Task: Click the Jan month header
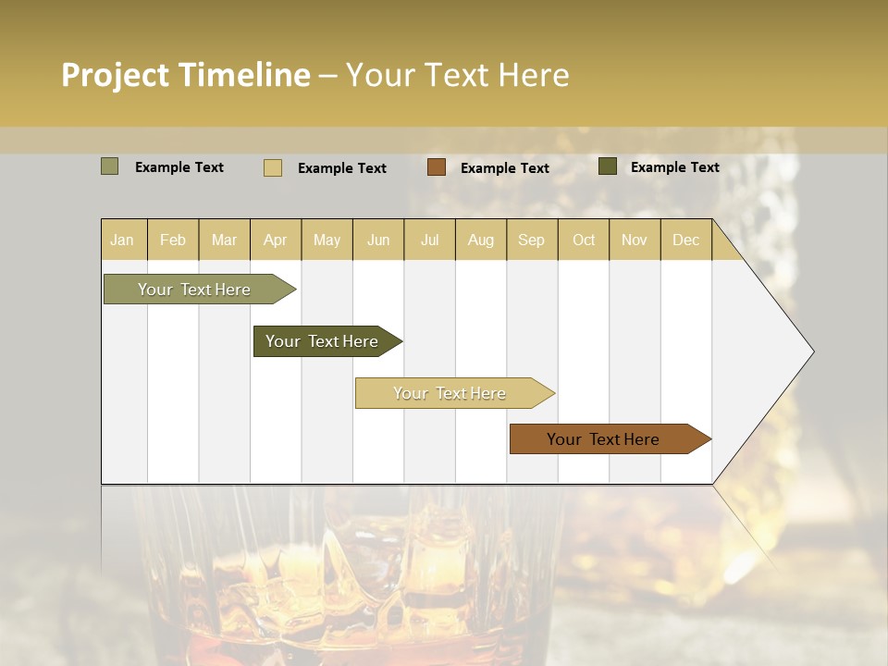click(x=122, y=240)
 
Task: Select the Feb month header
click(x=173, y=240)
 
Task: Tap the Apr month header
click(x=276, y=240)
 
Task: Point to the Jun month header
click(x=378, y=240)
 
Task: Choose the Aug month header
click(x=481, y=240)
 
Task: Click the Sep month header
click(x=531, y=240)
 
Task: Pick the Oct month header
click(x=584, y=240)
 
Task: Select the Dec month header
click(x=685, y=240)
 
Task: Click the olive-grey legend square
click(x=110, y=166)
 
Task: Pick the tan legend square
click(x=273, y=167)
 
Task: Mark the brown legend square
click(x=437, y=167)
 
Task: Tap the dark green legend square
click(x=608, y=166)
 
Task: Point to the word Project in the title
click(x=116, y=75)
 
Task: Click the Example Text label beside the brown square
click(x=505, y=168)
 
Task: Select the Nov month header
click(x=634, y=240)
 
